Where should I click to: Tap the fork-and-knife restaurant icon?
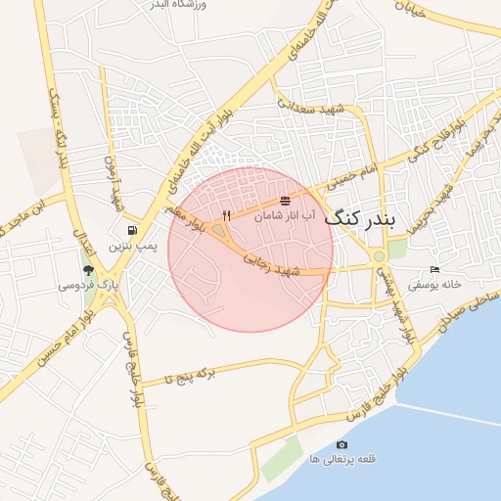point(227,215)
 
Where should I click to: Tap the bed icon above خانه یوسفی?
point(435,270)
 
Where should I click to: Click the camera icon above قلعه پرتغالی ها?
point(342,444)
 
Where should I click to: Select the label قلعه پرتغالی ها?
point(341,459)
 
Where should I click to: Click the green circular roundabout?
point(380,257)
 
